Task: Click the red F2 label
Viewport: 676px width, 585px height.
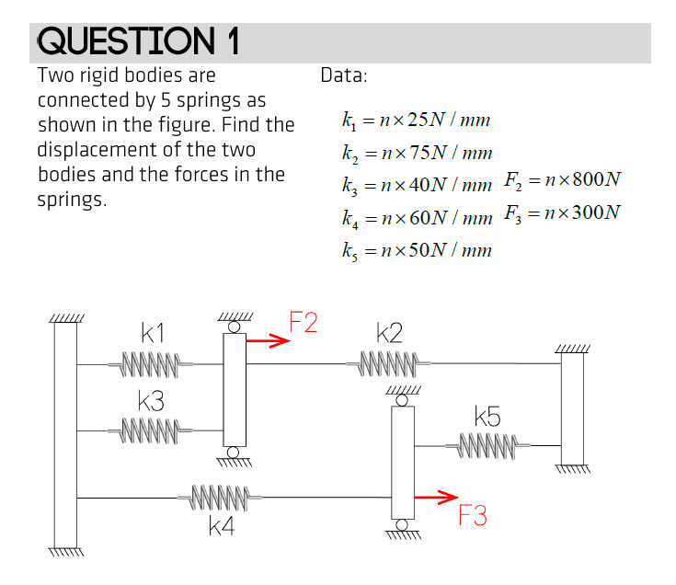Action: click(304, 323)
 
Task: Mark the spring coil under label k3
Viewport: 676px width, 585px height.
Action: click(151, 430)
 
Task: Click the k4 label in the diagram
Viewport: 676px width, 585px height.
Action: click(221, 526)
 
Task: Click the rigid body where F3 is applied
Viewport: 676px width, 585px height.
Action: click(402, 463)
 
